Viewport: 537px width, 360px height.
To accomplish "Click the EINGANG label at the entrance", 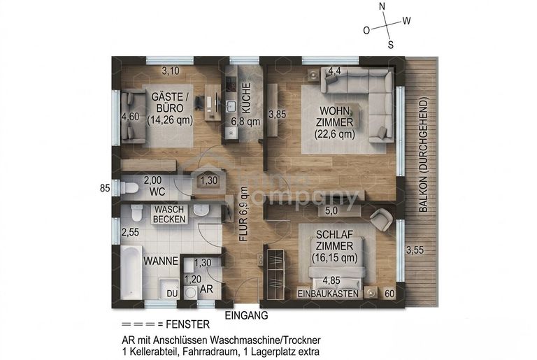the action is tap(246, 315).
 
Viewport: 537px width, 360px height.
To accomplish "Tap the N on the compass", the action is tap(382, 6).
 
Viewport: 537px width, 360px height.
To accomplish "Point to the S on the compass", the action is tap(390, 45).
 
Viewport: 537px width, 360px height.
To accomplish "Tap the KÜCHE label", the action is tap(246, 98).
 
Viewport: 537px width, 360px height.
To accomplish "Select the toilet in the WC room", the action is tap(129, 188).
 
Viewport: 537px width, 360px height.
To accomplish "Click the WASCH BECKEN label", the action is tap(169, 214).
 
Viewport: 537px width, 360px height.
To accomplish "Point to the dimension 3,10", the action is tap(171, 71).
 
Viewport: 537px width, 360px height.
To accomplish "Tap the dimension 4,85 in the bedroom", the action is tap(331, 280).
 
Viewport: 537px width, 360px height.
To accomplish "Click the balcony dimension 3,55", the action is tap(415, 250).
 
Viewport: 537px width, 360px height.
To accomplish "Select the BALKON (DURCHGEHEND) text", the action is tap(424, 155).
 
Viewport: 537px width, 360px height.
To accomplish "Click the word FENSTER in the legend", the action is tap(187, 324).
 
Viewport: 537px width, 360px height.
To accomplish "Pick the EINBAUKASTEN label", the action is tap(328, 294).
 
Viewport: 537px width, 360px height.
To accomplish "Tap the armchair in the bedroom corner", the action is tap(381, 219).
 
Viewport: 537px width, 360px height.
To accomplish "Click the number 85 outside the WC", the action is tap(105, 188).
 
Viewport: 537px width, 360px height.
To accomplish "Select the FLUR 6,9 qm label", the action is tap(243, 214).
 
